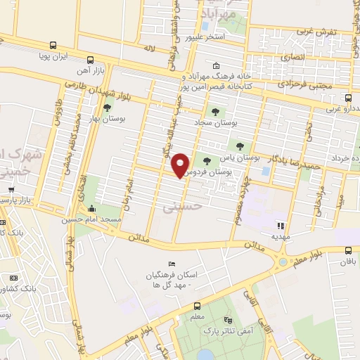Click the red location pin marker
[x=181, y=164]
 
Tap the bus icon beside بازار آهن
[x=89, y=60]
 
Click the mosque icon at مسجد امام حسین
[x=92, y=209]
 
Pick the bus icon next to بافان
[x=348, y=250]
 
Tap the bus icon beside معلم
[x=198, y=306]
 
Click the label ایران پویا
[x=72, y=53]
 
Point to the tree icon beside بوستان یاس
[x=240, y=146]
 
